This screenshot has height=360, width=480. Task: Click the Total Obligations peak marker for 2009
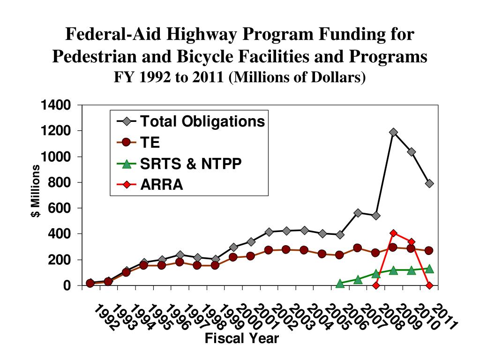pos(393,132)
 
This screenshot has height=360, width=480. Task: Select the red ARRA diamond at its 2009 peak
pos(393,233)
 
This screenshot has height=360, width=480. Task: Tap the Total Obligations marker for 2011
pos(429,183)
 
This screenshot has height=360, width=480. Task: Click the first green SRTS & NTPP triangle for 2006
pos(340,284)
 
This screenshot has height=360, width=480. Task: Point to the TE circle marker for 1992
pos(90,283)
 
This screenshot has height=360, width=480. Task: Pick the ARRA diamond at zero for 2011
pos(429,285)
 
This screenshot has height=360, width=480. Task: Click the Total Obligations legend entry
pos(202,121)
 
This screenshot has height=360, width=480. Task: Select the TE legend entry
pos(150,142)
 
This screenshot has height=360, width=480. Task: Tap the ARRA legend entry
pos(162,185)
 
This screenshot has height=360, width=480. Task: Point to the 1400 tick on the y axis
pos(55,105)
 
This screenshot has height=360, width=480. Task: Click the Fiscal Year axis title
pos(241,338)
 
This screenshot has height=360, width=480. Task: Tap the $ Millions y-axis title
pos(35,192)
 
